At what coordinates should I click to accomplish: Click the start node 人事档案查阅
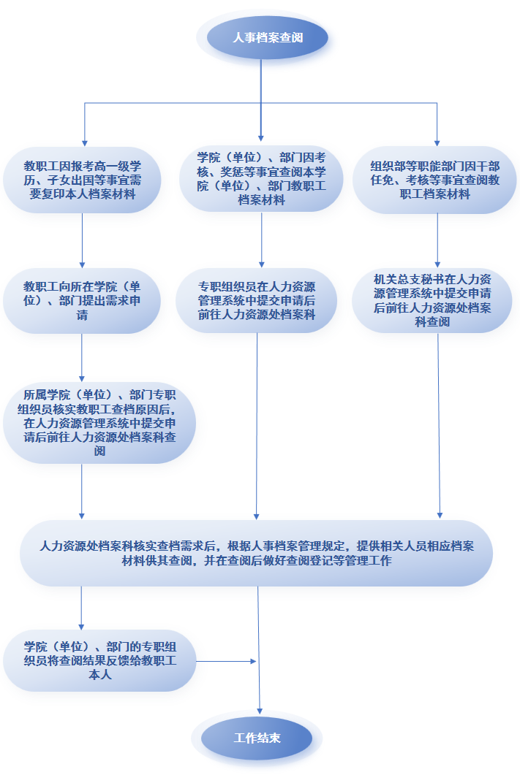[268, 37]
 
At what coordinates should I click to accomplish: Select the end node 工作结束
[257, 738]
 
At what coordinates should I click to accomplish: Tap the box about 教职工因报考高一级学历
[82, 180]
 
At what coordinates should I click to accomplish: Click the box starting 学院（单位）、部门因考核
[261, 178]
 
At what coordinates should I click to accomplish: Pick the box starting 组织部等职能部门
[434, 180]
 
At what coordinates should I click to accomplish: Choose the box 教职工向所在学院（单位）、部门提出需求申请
[82, 301]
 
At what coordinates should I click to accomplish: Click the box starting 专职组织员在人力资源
[257, 301]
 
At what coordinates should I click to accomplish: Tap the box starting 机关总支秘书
[432, 300]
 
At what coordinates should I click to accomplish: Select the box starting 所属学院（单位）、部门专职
[99, 422]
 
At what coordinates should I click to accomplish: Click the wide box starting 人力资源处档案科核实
[257, 553]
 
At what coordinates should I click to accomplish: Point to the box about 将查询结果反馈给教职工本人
[99, 660]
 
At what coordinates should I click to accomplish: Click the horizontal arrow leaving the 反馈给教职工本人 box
[226, 661]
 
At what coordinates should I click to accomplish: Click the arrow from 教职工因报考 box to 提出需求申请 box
[82, 241]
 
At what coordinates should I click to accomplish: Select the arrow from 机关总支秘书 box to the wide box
[439, 426]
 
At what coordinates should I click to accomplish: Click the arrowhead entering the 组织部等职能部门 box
[437, 143]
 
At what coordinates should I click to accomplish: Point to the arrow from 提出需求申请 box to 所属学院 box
[81, 358]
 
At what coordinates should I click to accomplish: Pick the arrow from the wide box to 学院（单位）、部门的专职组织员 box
[81, 608]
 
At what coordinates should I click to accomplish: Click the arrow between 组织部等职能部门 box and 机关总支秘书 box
[437, 241]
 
